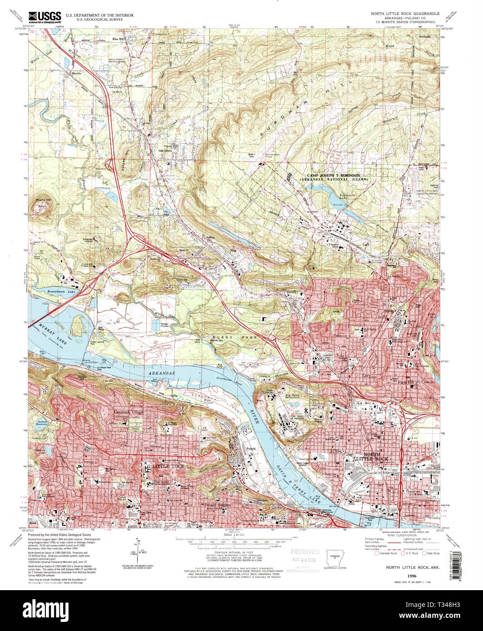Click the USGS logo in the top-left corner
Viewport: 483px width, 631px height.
pyautogui.click(x=44, y=17)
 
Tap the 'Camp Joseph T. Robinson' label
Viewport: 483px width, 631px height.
pyautogui.click(x=334, y=175)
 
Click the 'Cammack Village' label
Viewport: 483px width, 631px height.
pyautogui.click(x=128, y=412)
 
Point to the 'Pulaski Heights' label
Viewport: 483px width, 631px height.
pyautogui.click(x=217, y=505)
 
